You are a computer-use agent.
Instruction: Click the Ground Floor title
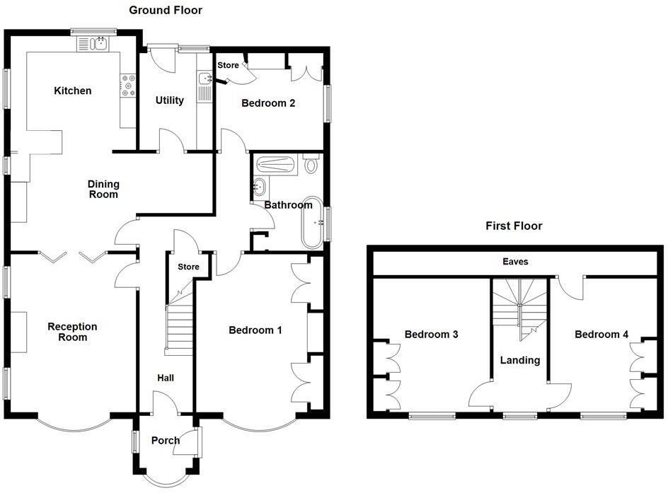click(166, 10)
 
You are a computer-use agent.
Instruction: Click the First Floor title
click(514, 226)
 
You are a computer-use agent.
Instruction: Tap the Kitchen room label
click(73, 91)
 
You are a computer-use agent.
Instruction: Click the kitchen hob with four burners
click(129, 86)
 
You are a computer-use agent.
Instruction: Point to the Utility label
click(170, 100)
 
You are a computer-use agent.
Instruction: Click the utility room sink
click(205, 79)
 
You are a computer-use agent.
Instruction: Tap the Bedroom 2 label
click(268, 103)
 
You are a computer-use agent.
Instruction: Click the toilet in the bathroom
click(311, 165)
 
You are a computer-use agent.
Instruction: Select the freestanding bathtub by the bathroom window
click(312, 222)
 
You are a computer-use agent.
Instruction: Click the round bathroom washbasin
click(259, 187)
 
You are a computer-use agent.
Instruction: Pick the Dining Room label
click(103, 189)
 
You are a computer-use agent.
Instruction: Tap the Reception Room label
click(72, 332)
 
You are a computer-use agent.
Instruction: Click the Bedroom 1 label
click(255, 330)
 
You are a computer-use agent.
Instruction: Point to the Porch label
click(166, 441)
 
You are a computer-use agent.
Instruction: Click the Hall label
click(166, 378)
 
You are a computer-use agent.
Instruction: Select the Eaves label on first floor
click(515, 262)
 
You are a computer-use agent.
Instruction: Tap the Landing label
click(520, 360)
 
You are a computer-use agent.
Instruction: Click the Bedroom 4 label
click(601, 335)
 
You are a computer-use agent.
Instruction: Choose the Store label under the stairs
click(188, 267)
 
